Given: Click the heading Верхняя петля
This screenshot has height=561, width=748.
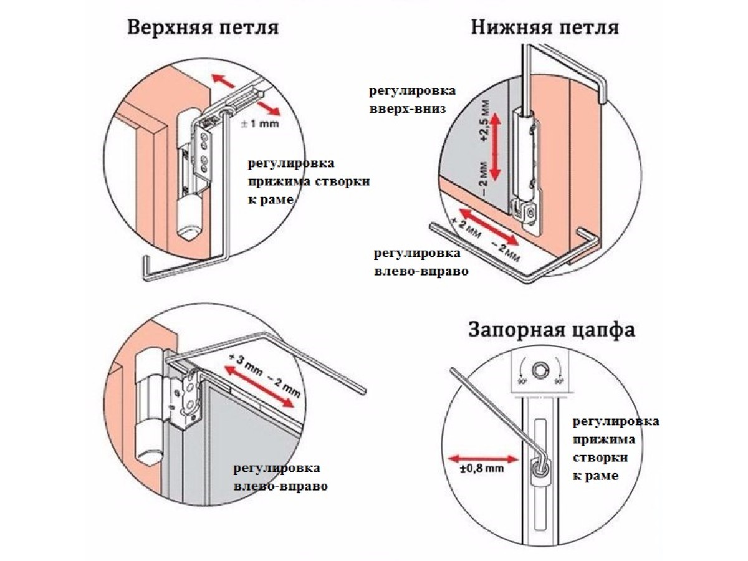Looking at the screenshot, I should tap(203, 29).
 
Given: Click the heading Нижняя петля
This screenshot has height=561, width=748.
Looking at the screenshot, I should tap(545, 28).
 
